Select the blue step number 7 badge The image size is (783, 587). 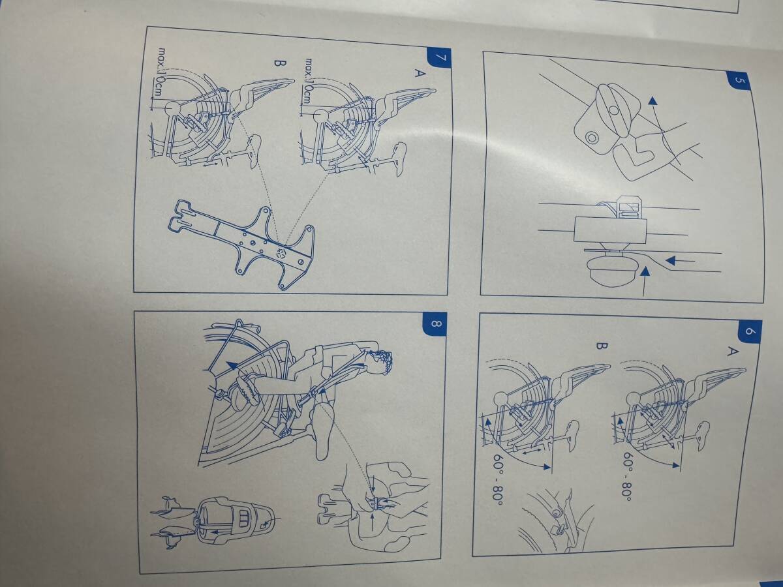pos(440,58)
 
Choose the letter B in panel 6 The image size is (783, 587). pos(602,346)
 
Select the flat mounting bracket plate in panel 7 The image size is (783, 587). pos(243,242)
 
